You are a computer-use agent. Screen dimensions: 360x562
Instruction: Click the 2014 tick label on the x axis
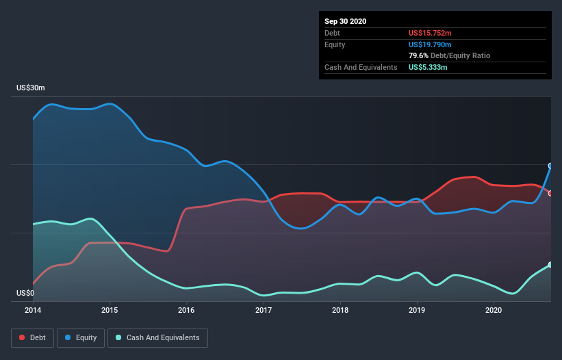[33, 310]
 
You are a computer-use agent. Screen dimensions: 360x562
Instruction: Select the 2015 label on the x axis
[110, 310]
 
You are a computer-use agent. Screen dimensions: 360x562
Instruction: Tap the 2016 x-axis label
[186, 310]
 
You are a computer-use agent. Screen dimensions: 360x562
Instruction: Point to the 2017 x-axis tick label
[264, 310]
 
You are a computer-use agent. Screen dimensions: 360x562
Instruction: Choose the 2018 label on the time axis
[340, 310]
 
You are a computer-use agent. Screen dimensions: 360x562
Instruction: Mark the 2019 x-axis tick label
[417, 310]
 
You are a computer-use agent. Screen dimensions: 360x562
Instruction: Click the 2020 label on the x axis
[494, 310]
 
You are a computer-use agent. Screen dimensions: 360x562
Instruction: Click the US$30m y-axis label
[31, 88]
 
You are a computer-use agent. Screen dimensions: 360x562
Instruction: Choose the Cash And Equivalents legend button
[157, 337]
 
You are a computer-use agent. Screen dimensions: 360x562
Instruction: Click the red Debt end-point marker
[550, 193]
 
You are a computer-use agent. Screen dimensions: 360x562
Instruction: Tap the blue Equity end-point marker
[550, 166]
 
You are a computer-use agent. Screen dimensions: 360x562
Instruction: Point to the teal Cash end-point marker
[550, 265]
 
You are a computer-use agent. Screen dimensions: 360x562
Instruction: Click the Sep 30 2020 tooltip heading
[346, 21]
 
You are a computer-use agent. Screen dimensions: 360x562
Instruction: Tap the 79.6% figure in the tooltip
[418, 55]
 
